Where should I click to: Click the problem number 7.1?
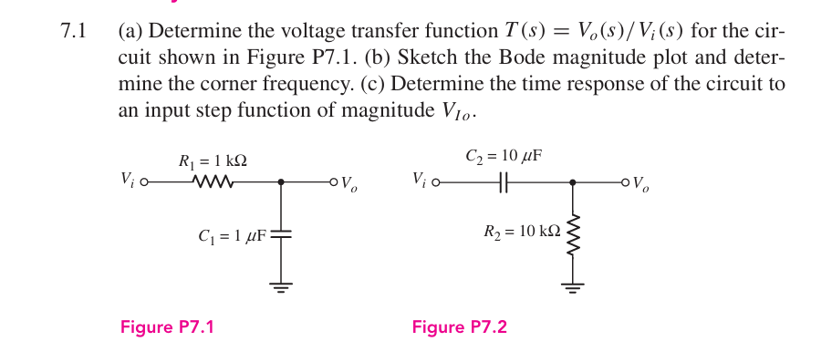tap(73, 32)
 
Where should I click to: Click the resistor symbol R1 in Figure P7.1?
tap(214, 182)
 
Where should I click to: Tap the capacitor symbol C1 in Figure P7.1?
tap(281, 234)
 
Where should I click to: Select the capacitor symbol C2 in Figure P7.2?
tap(503, 182)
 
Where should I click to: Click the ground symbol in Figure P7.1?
tap(281, 287)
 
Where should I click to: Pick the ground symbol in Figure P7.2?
tap(573, 287)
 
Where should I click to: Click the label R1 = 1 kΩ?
tap(213, 161)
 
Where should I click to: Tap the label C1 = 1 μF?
tap(232, 236)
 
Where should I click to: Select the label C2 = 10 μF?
tap(504, 156)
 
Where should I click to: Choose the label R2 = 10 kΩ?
tap(522, 232)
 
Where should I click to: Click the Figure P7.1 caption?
tap(167, 328)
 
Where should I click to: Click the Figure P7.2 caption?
tap(459, 328)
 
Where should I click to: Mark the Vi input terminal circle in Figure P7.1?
tap(144, 182)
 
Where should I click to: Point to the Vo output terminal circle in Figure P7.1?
tap(334, 182)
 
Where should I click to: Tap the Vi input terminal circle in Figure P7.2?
tap(435, 182)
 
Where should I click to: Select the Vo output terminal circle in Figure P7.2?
tap(626, 182)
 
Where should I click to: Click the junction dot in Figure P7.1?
tap(281, 182)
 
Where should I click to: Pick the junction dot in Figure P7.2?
tap(573, 182)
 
